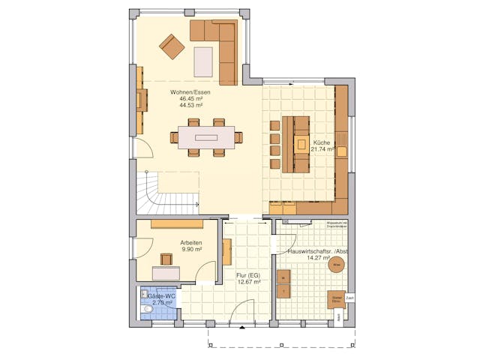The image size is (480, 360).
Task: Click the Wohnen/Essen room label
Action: (x=194, y=92)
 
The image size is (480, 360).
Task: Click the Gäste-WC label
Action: (x=159, y=295)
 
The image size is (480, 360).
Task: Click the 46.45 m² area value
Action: (x=194, y=99)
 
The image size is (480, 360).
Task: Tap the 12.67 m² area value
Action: (x=247, y=282)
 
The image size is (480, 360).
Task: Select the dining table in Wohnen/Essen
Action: (x=206, y=137)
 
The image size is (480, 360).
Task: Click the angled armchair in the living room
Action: (x=172, y=46)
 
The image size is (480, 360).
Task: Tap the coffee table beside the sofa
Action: (x=203, y=61)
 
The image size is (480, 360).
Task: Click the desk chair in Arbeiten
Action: (x=166, y=259)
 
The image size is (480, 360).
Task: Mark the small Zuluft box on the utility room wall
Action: (x=349, y=298)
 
